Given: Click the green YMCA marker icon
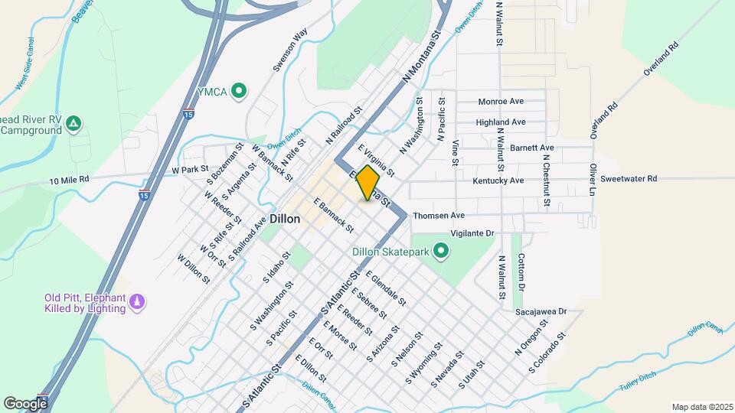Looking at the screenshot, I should pos(239,92).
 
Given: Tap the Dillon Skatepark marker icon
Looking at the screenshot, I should pos(440,251).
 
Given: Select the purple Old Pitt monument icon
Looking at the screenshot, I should pos(138,303).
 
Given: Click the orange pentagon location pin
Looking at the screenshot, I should pos(368,183).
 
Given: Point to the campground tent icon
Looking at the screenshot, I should pos(73,122).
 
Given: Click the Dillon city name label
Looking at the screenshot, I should pos(284,219).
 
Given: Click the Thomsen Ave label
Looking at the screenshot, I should pos(439,216).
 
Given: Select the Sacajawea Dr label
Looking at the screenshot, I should pos(540,311).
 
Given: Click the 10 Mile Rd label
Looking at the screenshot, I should pos(69,179).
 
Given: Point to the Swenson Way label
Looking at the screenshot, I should pos(291,50).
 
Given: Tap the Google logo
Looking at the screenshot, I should pos(25,403).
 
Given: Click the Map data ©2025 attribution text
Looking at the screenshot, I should pos(701,407).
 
